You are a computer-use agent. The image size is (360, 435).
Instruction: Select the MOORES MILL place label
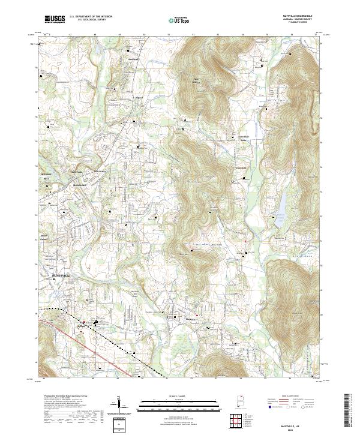point(47,175)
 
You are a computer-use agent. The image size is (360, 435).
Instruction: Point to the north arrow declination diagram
point(122,403)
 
